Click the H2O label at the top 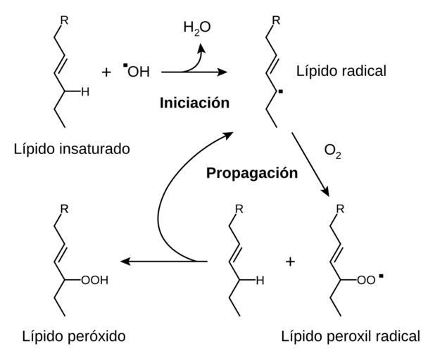coord(197,28)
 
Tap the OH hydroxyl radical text coord(139,72)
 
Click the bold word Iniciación coord(194,103)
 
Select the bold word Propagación coord(252,173)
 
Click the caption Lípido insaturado coord(72,149)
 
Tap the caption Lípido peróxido coord(74,336)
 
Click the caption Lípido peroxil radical coord(351,336)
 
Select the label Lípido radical coord(341,71)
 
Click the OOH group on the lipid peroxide coord(95,280)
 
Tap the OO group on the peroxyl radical coord(366,280)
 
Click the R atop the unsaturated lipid coord(64,20)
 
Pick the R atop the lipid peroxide coord(64,209)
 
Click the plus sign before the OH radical coord(106,72)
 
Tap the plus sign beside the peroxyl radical coord(291,262)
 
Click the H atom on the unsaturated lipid coord(85,91)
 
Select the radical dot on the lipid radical coord(281,91)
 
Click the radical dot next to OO coord(381,276)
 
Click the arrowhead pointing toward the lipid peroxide coord(125,262)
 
